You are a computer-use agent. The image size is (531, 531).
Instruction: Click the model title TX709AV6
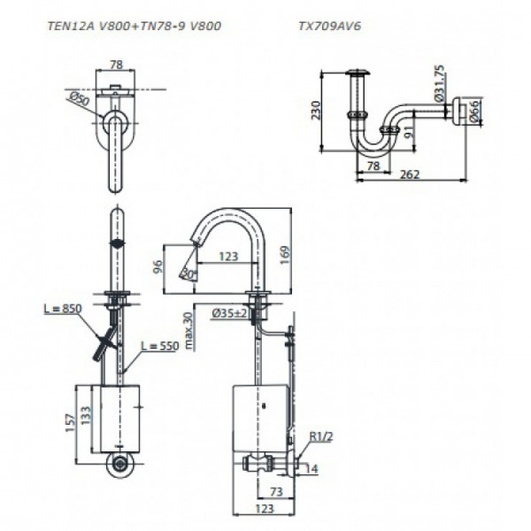329,27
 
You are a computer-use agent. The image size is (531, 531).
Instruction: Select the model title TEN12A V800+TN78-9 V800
133,27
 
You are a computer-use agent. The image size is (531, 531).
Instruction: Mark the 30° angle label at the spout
188,273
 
